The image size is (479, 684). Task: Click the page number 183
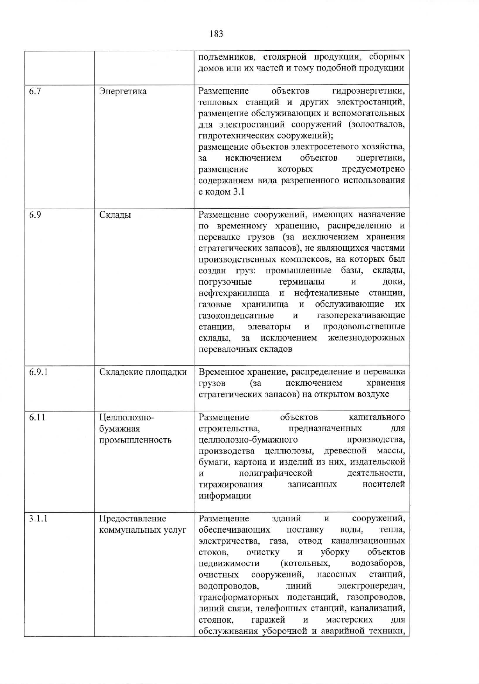[216, 34]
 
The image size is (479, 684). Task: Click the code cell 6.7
[35, 91]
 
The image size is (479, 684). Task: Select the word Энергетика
[123, 91]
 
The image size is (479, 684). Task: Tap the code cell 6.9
[35, 215]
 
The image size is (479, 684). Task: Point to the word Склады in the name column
[115, 215]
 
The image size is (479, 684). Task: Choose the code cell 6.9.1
[38, 372]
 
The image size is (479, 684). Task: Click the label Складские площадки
[143, 372]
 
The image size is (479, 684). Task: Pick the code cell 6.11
[37, 417]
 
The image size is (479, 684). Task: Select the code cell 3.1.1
[38, 519]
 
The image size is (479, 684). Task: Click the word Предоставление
[133, 519]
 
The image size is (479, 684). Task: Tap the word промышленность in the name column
[135, 440]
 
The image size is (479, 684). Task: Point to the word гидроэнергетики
[368, 91]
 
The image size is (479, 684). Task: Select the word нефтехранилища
[234, 293]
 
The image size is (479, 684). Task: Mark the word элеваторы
[269, 326]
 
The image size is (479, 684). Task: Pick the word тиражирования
[230, 485]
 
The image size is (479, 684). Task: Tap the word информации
[224, 496]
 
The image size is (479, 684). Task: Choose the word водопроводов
[228, 586]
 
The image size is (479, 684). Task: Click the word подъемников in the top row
[227, 57]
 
